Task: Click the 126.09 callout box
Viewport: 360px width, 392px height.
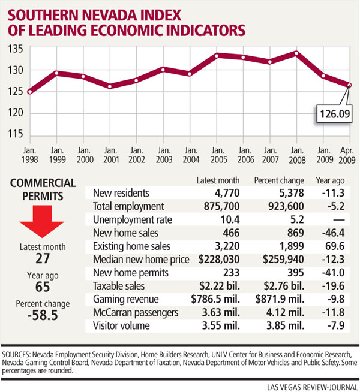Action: tap(329, 111)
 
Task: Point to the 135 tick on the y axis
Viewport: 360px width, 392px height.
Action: tap(15, 49)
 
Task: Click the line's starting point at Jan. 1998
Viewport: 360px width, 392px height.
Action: tap(29, 92)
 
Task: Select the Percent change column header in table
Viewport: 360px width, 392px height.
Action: tap(276, 180)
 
